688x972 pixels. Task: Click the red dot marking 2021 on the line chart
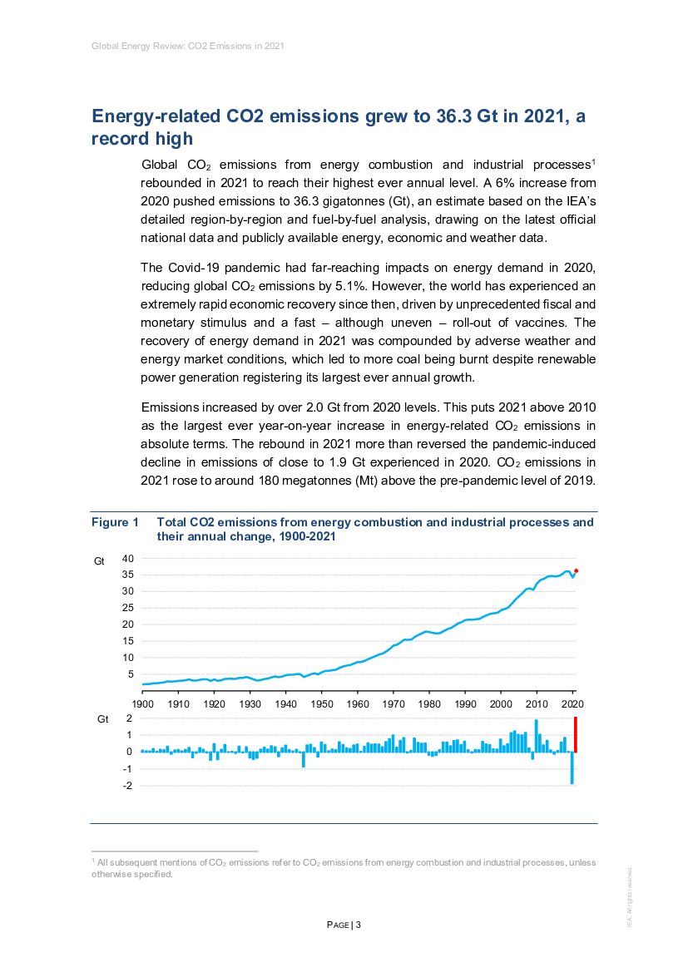[577, 571]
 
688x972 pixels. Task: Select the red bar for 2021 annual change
[576, 735]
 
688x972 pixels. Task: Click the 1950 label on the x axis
[321, 705]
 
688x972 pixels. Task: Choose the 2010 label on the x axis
[537, 705]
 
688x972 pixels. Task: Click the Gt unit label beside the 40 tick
[99, 563]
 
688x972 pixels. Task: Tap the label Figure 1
[115, 523]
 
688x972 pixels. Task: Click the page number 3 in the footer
[358, 925]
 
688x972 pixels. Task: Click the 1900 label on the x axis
[142, 705]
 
